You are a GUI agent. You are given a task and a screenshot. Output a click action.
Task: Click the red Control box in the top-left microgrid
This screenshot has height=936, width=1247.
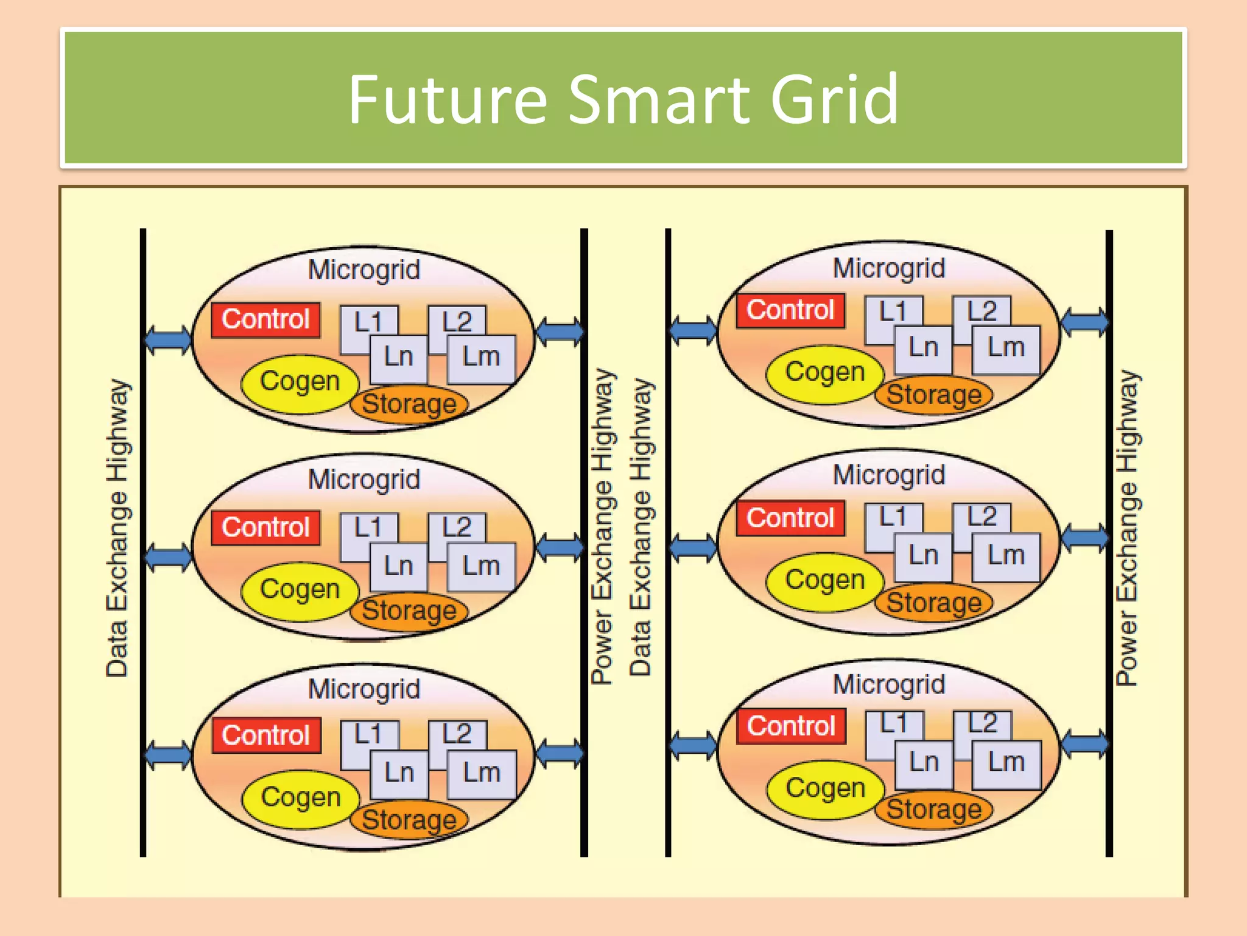click(265, 319)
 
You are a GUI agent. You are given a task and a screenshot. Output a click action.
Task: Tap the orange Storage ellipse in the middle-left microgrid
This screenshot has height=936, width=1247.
click(409, 611)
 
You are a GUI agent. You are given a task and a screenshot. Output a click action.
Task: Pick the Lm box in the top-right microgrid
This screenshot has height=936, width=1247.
click(1006, 349)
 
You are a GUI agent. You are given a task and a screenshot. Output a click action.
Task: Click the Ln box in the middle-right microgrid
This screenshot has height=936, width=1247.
click(923, 556)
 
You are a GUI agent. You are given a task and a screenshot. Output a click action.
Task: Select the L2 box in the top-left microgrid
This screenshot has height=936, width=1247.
click(457, 321)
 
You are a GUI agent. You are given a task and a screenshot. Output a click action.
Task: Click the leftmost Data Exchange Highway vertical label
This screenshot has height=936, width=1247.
click(117, 528)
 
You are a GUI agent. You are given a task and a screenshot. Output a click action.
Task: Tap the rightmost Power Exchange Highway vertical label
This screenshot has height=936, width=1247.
click(1126, 528)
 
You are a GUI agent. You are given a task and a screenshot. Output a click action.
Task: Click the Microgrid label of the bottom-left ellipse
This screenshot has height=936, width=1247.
click(364, 690)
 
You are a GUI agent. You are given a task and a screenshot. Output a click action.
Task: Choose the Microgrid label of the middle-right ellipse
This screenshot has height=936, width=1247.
click(889, 475)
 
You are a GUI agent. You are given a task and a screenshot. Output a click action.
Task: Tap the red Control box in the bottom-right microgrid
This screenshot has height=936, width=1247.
click(791, 726)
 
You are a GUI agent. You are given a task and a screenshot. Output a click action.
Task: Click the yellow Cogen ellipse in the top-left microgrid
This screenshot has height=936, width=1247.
click(300, 383)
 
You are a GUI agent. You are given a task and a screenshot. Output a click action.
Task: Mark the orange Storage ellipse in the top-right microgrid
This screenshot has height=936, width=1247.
click(934, 395)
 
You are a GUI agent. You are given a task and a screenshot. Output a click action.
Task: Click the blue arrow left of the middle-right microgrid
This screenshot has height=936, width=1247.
click(693, 547)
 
